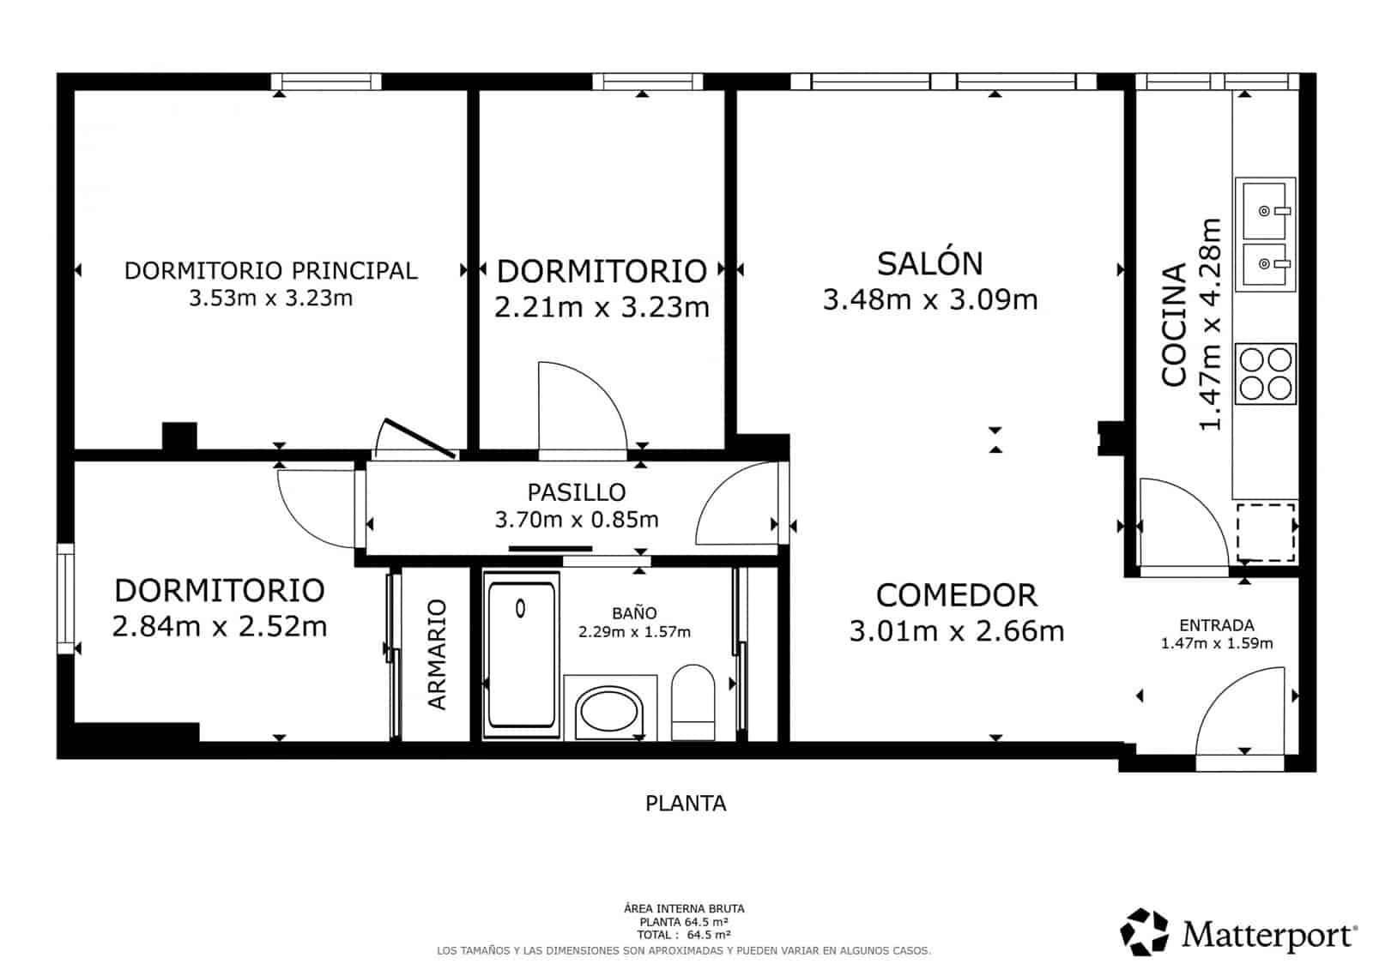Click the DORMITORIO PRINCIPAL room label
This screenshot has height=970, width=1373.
[270, 270]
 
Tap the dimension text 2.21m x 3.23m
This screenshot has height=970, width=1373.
[602, 307]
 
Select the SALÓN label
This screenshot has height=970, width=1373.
[929, 263]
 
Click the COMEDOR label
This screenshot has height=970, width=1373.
[956, 595]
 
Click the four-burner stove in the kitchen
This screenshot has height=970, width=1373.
[1265, 373]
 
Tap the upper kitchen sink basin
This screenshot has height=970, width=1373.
[1264, 209]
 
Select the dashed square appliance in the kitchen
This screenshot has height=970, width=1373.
[1265, 533]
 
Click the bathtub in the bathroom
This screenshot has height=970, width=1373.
[521, 654]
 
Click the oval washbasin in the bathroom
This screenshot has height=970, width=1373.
[608, 712]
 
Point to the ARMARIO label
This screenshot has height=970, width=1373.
[437, 654]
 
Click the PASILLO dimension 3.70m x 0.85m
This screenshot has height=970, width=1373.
[577, 520]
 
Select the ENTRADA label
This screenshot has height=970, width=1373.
[1216, 625]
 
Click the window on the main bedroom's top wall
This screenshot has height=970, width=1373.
[326, 81]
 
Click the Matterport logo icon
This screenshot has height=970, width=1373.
[1145, 931]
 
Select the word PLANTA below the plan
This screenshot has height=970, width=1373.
[686, 804]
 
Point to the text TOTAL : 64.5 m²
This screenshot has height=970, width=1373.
[683, 935]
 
